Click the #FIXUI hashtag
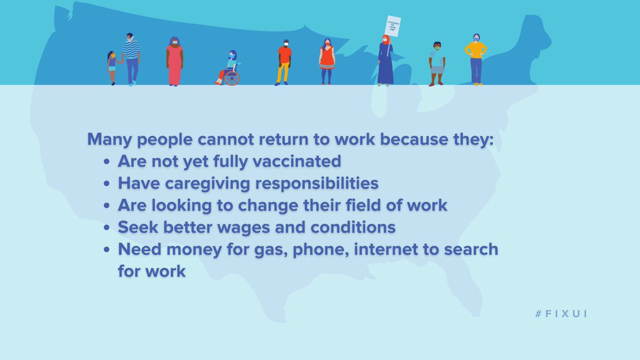point(561,314)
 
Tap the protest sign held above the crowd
point(393,26)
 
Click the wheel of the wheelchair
point(231,77)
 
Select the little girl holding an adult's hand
point(112,67)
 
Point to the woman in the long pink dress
point(174,61)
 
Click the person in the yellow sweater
point(476,59)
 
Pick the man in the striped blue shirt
point(131,58)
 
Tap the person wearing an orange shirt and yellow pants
point(284,62)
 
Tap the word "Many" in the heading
point(109,140)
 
